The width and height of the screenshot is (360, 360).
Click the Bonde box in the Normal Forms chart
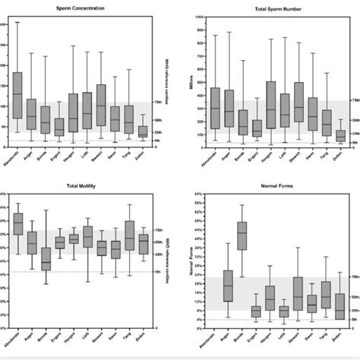pyautogui.click(x=242, y=235)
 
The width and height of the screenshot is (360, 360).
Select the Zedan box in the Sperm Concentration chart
pyautogui.click(x=142, y=131)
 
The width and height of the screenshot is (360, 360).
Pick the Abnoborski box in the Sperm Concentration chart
pyautogui.click(x=17, y=95)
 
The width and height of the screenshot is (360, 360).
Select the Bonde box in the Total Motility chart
pyautogui.click(x=46, y=259)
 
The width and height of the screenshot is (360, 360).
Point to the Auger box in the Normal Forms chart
pyautogui.click(x=228, y=286)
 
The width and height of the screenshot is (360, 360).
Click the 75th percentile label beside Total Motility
pyautogui.click(x=159, y=229)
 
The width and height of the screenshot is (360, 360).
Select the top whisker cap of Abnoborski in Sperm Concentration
pyautogui.click(x=17, y=22)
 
